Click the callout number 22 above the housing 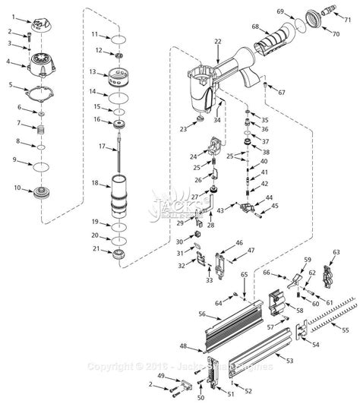pyautogui.click(x=218, y=41)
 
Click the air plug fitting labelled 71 pyautogui.click(x=333, y=14)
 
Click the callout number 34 pyautogui.click(x=216, y=119)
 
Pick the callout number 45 pyautogui.click(x=275, y=205)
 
